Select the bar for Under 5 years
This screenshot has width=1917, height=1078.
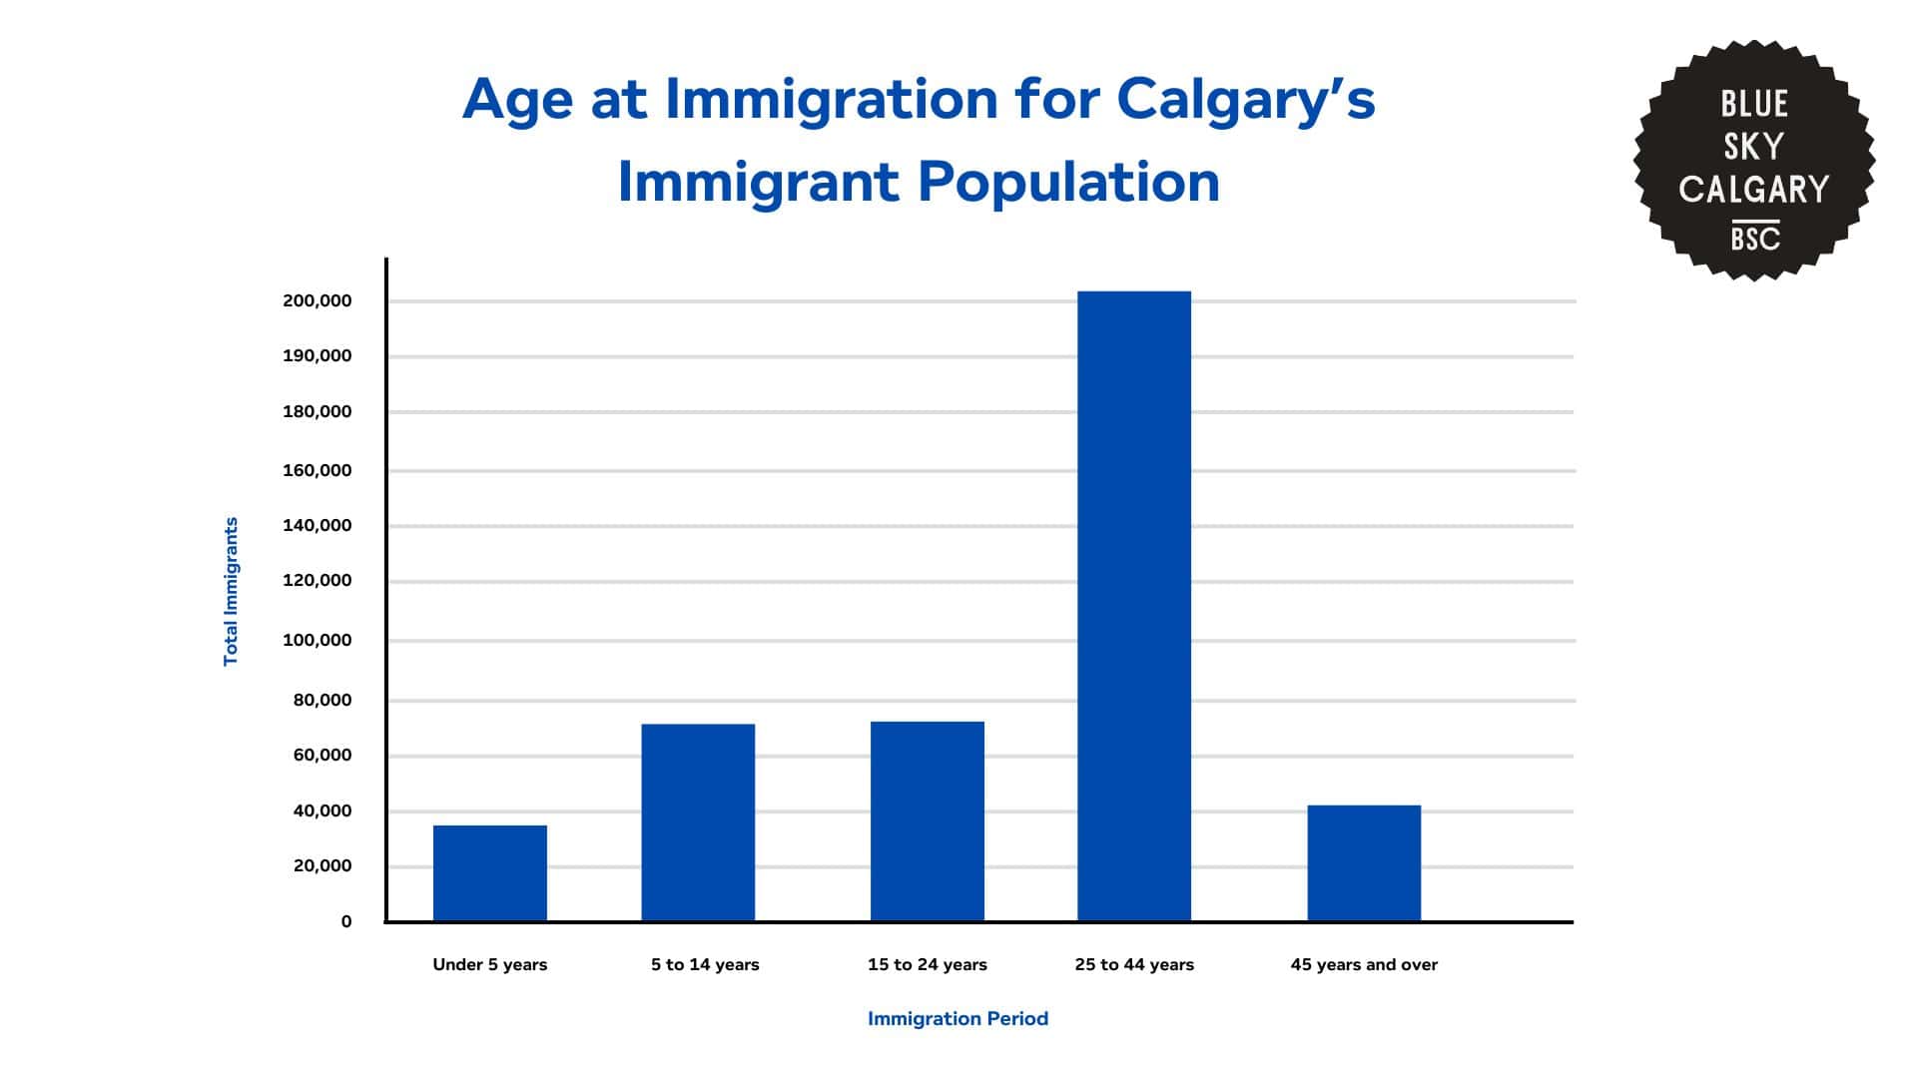[489, 872]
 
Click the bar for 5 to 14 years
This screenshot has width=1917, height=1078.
[697, 821]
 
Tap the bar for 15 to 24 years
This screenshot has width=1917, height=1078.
[927, 820]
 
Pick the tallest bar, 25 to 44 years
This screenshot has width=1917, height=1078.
[1133, 605]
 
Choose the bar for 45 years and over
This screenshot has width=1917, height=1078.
[1363, 862]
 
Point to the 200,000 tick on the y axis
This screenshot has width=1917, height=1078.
[317, 300]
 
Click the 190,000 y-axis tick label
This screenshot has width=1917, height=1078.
[317, 356]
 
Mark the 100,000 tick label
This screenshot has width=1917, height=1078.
[317, 641]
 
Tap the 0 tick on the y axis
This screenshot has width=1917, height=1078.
[345, 922]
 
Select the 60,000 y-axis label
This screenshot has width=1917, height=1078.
[321, 756]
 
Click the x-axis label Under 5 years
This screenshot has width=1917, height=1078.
[489, 965]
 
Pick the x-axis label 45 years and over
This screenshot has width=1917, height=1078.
[1363, 965]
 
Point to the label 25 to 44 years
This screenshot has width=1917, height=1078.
[1133, 965]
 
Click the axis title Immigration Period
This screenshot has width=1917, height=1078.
[957, 1019]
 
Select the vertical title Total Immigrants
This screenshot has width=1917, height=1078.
[231, 591]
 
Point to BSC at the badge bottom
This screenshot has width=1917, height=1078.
[1754, 240]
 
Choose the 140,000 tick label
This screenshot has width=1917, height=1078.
[317, 526]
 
